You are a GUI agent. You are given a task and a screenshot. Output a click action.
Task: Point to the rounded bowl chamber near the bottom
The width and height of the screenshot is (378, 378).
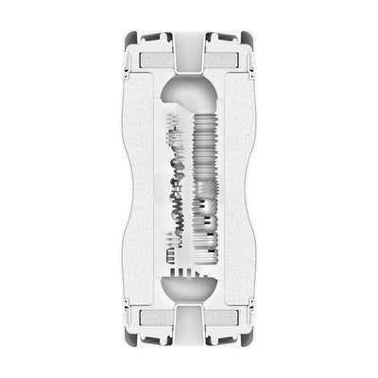[x=189, y=288]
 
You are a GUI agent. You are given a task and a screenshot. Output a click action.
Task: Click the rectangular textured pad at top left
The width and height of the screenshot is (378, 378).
[x=154, y=60]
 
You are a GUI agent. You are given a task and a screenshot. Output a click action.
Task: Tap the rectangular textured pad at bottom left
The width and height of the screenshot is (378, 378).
[x=154, y=320]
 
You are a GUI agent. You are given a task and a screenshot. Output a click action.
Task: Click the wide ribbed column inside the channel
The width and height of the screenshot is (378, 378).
[x=206, y=180]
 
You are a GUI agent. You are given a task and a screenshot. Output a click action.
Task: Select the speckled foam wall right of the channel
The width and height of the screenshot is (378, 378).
[x=236, y=189]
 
